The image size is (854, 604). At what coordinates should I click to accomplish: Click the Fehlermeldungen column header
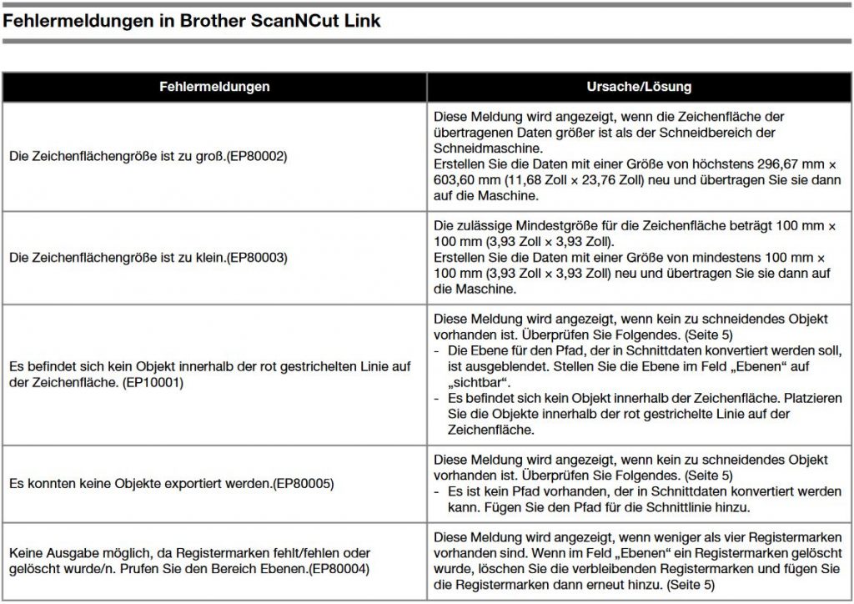(x=214, y=87)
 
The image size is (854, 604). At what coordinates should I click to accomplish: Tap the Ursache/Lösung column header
(x=640, y=87)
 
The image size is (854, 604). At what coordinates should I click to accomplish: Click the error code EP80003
(x=260, y=258)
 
